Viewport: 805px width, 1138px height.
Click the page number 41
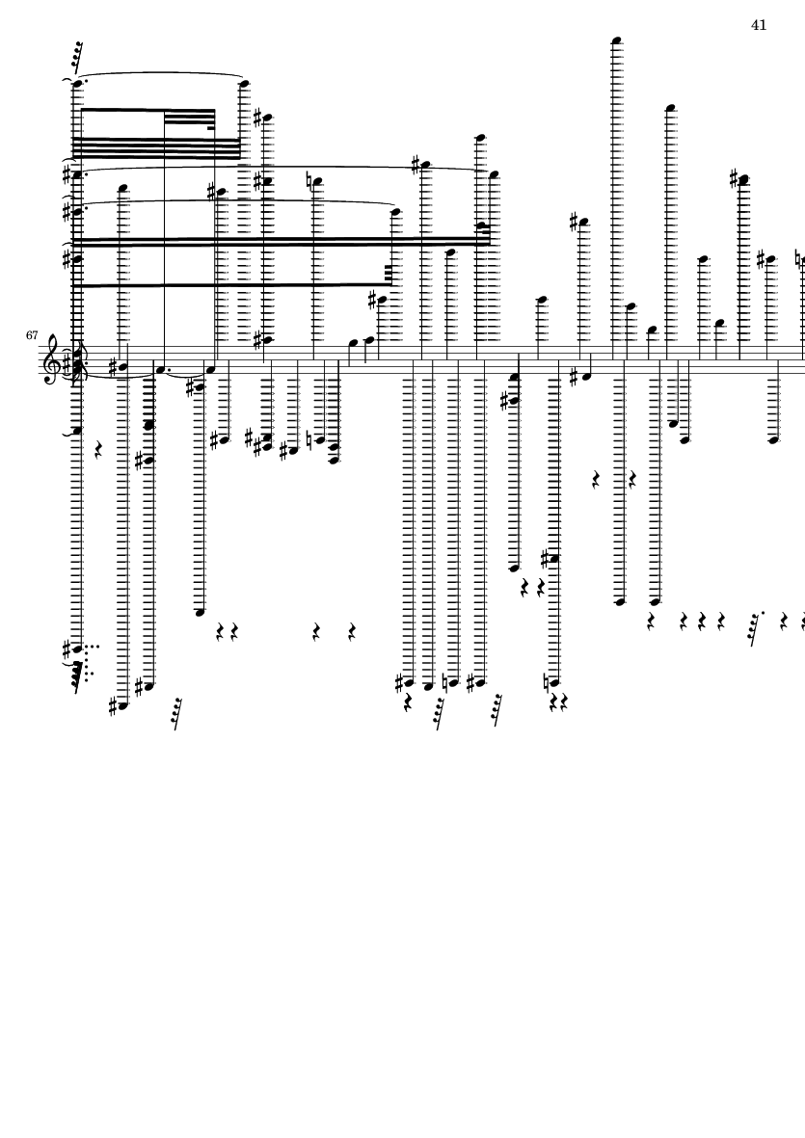pos(759,25)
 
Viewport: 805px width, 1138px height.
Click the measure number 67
pos(32,335)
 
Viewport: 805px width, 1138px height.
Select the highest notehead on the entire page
pos(617,40)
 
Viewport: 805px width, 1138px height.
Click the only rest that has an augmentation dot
pos(755,628)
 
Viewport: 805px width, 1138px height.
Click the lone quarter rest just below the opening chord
pos(99,451)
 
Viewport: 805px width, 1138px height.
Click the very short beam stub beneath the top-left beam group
pos(211,128)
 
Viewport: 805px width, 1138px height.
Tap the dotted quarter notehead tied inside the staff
pos(160,369)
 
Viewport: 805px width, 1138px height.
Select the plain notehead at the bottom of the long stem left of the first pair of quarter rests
pos(201,613)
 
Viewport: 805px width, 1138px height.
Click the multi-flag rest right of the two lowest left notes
pos(175,714)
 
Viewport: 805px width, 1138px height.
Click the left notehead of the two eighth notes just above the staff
pos(353,343)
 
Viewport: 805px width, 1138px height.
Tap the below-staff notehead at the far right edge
pos(774,439)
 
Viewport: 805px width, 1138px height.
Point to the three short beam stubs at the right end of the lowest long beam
pos(388,275)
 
